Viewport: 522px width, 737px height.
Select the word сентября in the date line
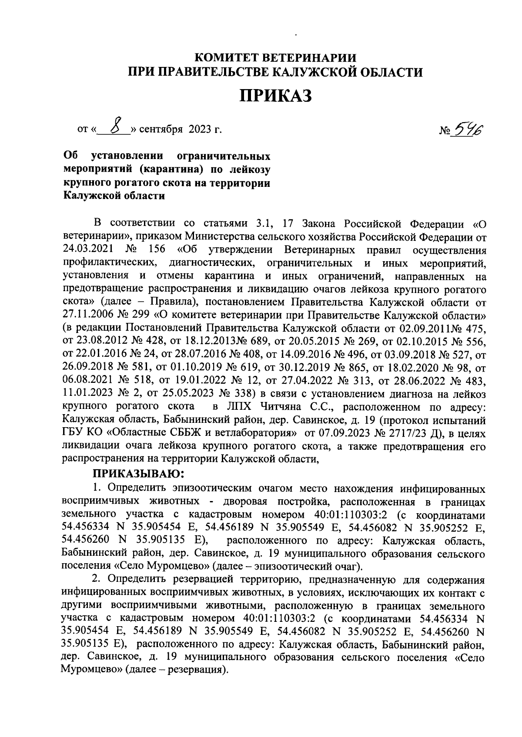[x=163, y=129]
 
